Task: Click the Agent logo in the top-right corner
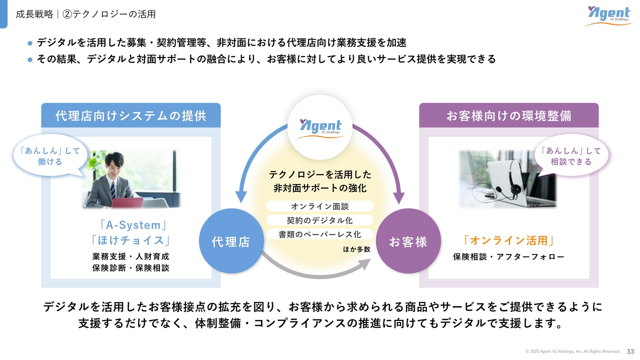pyautogui.click(x=608, y=16)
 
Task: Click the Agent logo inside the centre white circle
pyautogui.click(x=320, y=128)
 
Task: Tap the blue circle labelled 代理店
pyautogui.click(x=231, y=241)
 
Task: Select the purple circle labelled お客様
pyautogui.click(x=408, y=241)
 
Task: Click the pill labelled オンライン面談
pyautogui.click(x=320, y=206)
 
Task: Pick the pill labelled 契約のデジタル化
pyautogui.click(x=320, y=220)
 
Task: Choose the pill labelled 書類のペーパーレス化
pyautogui.click(x=320, y=234)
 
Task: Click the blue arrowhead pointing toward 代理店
pyautogui.click(x=241, y=197)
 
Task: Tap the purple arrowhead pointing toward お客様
pyautogui.click(x=399, y=197)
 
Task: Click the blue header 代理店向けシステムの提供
pyautogui.click(x=131, y=115)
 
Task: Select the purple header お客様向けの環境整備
pyautogui.click(x=509, y=115)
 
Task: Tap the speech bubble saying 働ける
pyautogui.click(x=50, y=156)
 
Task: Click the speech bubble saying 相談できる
pyautogui.click(x=571, y=156)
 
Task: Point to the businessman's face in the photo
pyautogui.click(x=115, y=165)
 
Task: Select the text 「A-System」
pyautogui.click(x=133, y=225)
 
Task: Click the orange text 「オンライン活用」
pyautogui.click(x=509, y=240)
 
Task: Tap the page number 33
pyautogui.click(x=630, y=351)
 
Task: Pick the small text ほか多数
pyautogui.click(x=356, y=249)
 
